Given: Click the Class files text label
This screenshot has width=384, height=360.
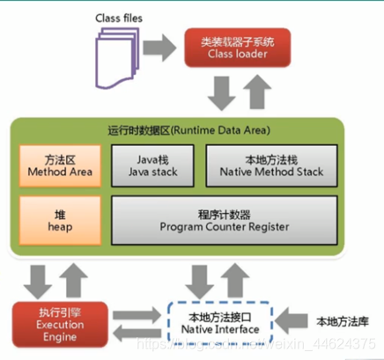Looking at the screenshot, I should [121, 18].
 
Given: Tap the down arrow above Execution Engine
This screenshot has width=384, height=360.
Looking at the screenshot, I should [36, 278].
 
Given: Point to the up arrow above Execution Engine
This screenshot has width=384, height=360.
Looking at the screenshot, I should [73, 278].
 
